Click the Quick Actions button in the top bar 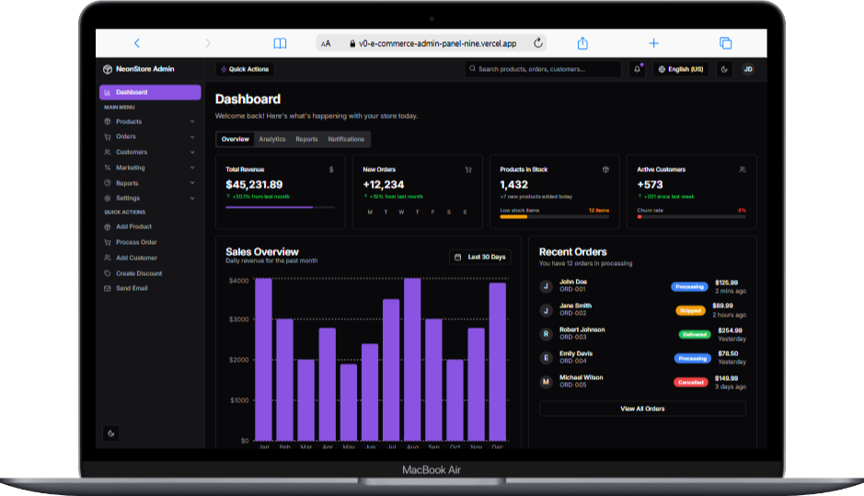[245, 69]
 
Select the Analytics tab [272, 139]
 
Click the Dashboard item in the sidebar [150, 92]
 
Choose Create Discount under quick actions [138, 273]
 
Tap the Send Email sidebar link [132, 288]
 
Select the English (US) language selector [680, 69]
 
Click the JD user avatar [747, 69]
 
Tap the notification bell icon [637, 69]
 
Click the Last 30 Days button [480, 257]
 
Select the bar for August [412, 359]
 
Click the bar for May [349, 402]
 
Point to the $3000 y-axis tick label [238, 319]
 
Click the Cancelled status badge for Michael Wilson [690, 382]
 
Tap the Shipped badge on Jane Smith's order [690, 310]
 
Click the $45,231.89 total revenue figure [254, 185]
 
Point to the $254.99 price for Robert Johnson [730, 329]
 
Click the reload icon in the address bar [538, 43]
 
